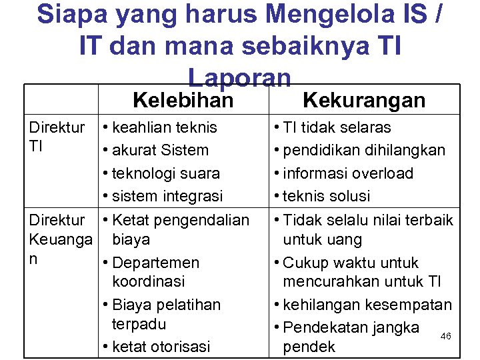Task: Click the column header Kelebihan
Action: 183,101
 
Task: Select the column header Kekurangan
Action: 363,101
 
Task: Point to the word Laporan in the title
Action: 240,77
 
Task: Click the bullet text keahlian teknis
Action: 164,127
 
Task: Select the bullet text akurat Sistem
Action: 160,151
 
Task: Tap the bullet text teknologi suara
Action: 166,173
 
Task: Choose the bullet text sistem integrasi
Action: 167,197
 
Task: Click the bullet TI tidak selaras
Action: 337,127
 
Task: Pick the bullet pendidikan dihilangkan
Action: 364,151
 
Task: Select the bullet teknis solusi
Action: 326,197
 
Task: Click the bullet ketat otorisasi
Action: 161,347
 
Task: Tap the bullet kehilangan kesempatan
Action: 367,305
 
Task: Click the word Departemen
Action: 156,263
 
